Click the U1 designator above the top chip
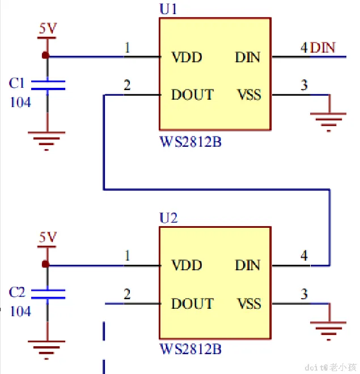[168, 10]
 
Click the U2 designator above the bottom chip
[168, 218]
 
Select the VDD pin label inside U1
[187, 57]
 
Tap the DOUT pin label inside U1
[192, 95]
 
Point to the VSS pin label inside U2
[249, 303]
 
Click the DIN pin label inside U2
[248, 265]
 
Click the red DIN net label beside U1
[323, 48]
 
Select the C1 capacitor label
[17, 84]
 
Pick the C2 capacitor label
[17, 292]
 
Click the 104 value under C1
[21, 103]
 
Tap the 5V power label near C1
[48, 28]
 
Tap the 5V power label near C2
[48, 237]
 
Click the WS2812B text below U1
[190, 141]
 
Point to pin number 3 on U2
[304, 294]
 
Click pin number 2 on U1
[127, 86]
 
